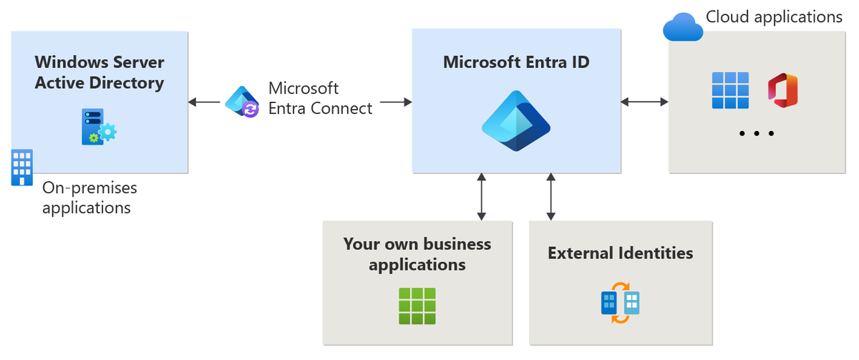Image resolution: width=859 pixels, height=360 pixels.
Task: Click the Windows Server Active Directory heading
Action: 100,72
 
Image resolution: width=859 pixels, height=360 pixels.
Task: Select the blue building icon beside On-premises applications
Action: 22,167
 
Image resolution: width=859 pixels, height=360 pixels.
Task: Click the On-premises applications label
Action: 89,198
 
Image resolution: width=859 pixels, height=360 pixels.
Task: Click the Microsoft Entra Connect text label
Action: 319,98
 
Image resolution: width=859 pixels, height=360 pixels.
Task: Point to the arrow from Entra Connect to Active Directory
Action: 205,102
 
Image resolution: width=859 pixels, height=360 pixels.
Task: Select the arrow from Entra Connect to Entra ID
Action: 396,102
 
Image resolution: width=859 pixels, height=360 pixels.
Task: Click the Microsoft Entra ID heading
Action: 516,62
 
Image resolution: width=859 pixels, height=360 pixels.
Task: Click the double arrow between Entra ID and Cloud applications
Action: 644,102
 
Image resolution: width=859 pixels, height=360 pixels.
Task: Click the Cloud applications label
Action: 774,16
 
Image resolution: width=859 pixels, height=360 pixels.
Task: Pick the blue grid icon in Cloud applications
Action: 730,90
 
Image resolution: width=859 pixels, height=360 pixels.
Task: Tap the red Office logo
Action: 782,90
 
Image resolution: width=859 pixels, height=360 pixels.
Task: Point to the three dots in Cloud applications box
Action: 756,134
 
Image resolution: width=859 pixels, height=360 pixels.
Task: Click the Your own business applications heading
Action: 417,254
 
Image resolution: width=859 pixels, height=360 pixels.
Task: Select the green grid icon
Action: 417,306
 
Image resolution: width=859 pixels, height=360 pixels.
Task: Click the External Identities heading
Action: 620,253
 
